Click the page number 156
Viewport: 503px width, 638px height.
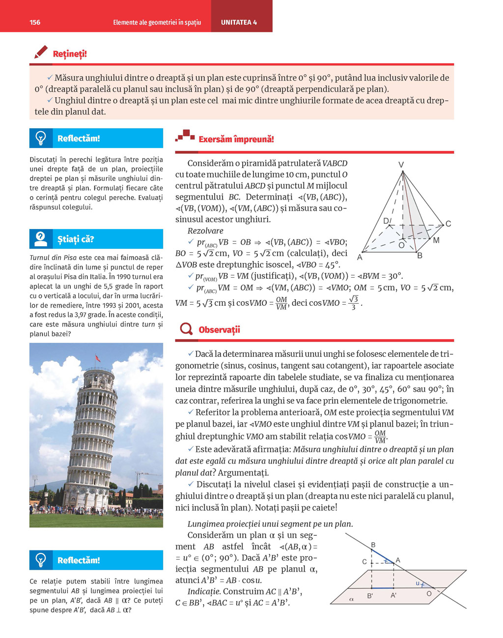35,22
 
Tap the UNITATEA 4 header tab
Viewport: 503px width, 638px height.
239,22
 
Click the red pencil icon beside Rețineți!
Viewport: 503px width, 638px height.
41,52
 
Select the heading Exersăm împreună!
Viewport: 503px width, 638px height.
236,139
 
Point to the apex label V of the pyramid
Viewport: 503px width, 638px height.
401,165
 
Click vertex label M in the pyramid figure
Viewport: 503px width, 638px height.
436,240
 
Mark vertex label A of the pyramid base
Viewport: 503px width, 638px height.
360,257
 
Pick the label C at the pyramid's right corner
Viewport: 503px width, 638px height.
448,224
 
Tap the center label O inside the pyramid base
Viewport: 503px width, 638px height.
401,245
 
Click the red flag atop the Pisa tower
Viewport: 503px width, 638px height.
97,358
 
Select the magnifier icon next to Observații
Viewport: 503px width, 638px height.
186,329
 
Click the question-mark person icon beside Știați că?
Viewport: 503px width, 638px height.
41,239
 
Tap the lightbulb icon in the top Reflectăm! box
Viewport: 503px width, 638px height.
41,138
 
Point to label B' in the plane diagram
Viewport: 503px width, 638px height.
370,596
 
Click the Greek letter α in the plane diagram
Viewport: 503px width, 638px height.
351,599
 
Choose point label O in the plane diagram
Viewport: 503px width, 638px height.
429,594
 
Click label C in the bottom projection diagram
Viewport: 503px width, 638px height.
364,561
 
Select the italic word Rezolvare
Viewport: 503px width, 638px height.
205,231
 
